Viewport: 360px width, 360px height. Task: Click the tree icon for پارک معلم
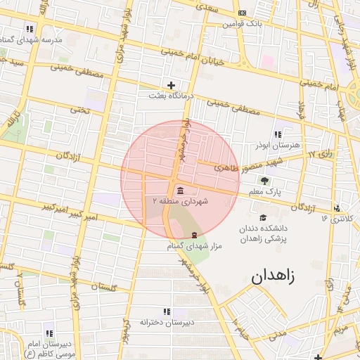[264, 181]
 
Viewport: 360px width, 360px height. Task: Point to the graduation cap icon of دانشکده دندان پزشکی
[263, 218]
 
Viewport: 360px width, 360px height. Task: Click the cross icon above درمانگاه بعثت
[171, 85]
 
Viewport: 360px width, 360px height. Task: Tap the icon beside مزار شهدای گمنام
[194, 235]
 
